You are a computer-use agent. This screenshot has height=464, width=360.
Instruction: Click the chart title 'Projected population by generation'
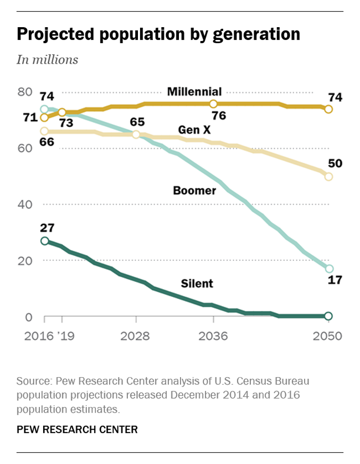158,34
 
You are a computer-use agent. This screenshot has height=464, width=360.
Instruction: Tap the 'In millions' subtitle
47,60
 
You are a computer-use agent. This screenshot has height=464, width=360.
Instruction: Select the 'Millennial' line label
194,91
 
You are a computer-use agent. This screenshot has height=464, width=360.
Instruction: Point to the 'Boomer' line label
194,190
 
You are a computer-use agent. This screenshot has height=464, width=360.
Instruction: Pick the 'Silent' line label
197,283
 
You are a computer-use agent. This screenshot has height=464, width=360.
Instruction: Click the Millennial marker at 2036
213,104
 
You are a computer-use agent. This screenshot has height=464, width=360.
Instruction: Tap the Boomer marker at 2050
328,269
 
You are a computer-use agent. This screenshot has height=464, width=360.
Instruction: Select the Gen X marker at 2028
136,135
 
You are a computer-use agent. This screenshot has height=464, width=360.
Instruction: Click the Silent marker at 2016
45,241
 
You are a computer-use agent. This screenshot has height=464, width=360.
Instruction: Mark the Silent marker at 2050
328,316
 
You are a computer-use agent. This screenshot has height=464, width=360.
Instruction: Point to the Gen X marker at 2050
328,177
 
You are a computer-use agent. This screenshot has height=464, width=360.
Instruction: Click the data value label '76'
219,116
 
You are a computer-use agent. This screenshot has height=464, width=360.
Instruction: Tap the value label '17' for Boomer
335,280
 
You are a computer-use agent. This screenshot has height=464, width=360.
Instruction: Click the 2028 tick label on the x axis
136,336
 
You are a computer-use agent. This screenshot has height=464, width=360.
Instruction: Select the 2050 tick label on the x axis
328,336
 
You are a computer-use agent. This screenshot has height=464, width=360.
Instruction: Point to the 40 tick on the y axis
24,204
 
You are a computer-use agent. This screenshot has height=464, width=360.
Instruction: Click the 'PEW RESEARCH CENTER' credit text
77,429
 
